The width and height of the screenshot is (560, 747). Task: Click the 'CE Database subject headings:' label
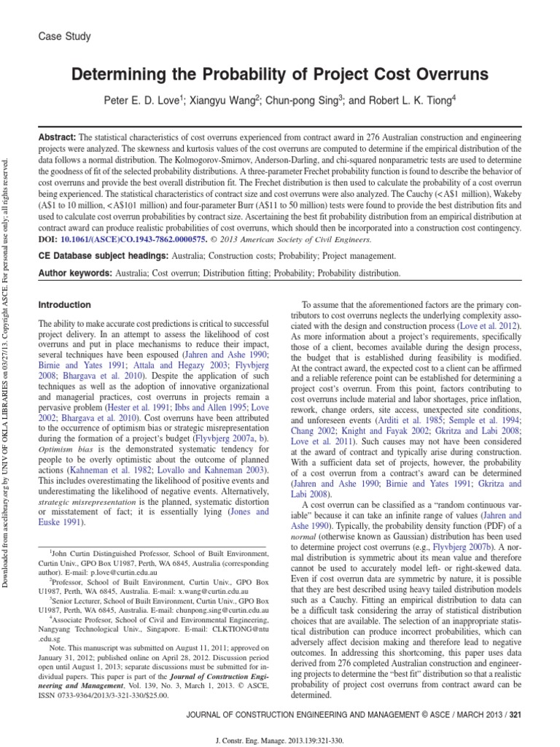(x=102, y=256)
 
